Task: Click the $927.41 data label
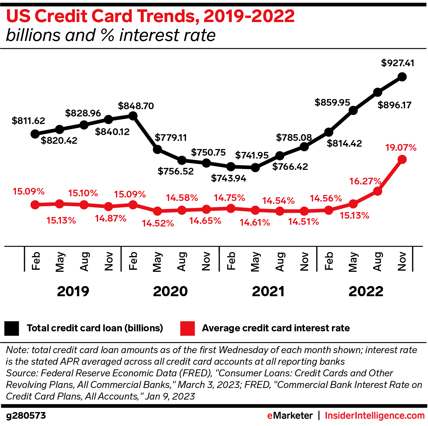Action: pyautogui.click(x=398, y=63)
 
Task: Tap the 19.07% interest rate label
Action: pyautogui.click(x=401, y=148)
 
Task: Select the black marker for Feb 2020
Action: pyautogui.click(x=133, y=116)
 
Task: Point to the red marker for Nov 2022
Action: pyautogui.click(x=402, y=159)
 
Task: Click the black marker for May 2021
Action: pyautogui.click(x=255, y=168)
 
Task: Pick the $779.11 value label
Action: pyautogui.click(x=171, y=137)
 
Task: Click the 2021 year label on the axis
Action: pyautogui.click(x=268, y=291)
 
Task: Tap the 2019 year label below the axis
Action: pyautogui.click(x=73, y=291)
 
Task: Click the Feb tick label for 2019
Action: pyautogui.click(x=35, y=261)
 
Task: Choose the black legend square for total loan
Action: pyautogui.click(x=12, y=328)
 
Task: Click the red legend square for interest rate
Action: pyautogui.click(x=187, y=328)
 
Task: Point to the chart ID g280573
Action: pyautogui.click(x=26, y=416)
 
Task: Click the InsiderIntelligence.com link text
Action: pyautogui.click(x=375, y=416)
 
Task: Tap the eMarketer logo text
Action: pyautogui.click(x=290, y=416)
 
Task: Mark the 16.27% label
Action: pyautogui.click(x=365, y=181)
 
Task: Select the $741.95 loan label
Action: pyautogui.click(x=252, y=155)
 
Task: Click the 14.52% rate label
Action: pyautogui.click(x=158, y=223)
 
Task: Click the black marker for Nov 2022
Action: pyautogui.click(x=402, y=77)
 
